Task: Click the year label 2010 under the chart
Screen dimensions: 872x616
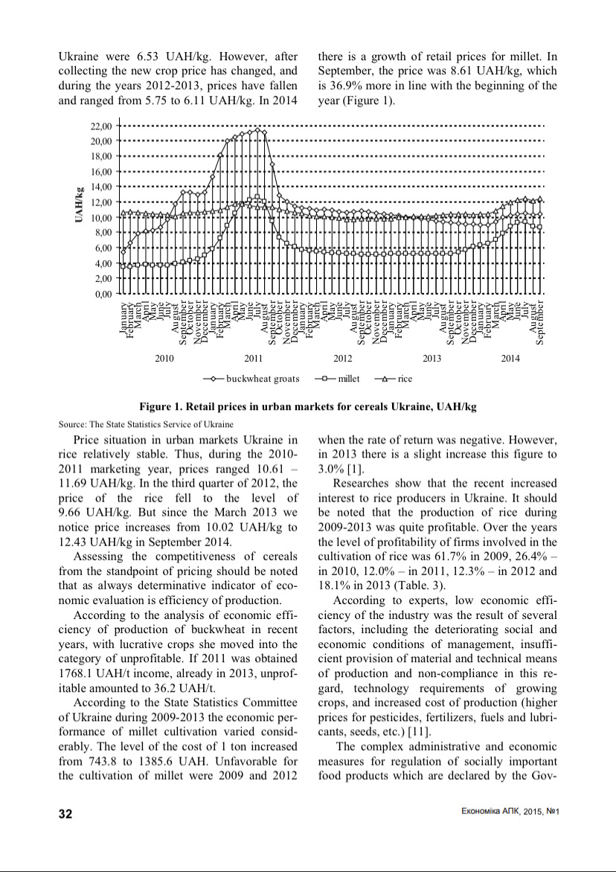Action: tap(164, 359)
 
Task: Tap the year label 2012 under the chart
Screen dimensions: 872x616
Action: tap(342, 359)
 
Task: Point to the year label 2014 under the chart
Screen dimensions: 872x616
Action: tap(510, 359)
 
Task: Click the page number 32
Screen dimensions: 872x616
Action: tap(65, 813)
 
